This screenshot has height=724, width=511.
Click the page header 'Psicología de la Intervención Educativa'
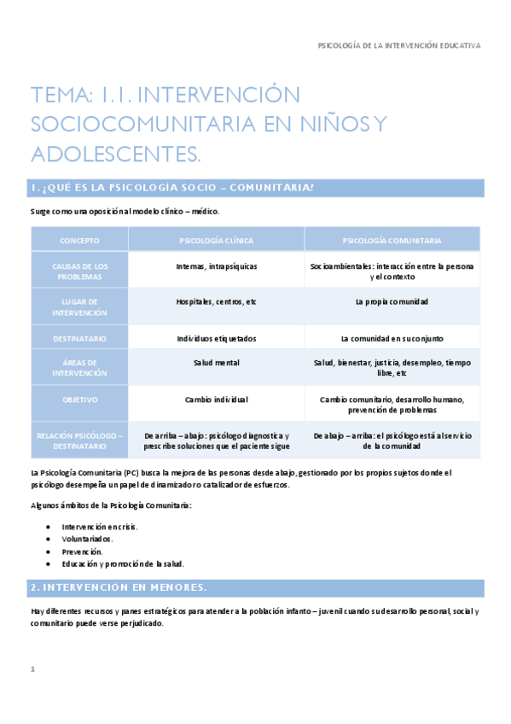[x=398, y=44]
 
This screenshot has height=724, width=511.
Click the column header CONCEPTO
[x=80, y=241]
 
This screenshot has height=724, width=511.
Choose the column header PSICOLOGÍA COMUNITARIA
[x=392, y=241]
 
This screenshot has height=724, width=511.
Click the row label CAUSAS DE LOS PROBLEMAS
[x=80, y=271]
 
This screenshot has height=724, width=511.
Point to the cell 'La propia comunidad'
[x=392, y=302]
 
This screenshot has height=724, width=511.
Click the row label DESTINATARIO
[x=80, y=338]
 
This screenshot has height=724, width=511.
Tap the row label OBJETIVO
[x=80, y=400]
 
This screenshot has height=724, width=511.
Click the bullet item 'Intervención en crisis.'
[x=100, y=526]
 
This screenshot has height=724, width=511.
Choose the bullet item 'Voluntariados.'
[x=88, y=539]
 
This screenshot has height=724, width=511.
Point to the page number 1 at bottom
[x=32, y=669]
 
